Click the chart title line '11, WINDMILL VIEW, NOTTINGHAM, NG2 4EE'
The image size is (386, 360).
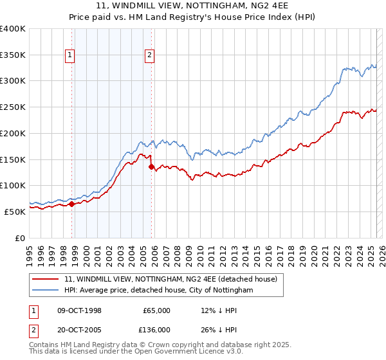pos(193,6)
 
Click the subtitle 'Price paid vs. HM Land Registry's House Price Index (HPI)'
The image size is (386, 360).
pos(193,17)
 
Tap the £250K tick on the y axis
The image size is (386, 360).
pos(14,107)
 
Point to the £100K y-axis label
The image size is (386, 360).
pos(14,185)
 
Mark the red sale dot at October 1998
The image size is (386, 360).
pos(72,204)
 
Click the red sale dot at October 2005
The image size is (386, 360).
pos(152,166)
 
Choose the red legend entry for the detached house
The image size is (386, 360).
pos(170,279)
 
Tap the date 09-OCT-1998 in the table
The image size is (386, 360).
pos(80,310)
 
